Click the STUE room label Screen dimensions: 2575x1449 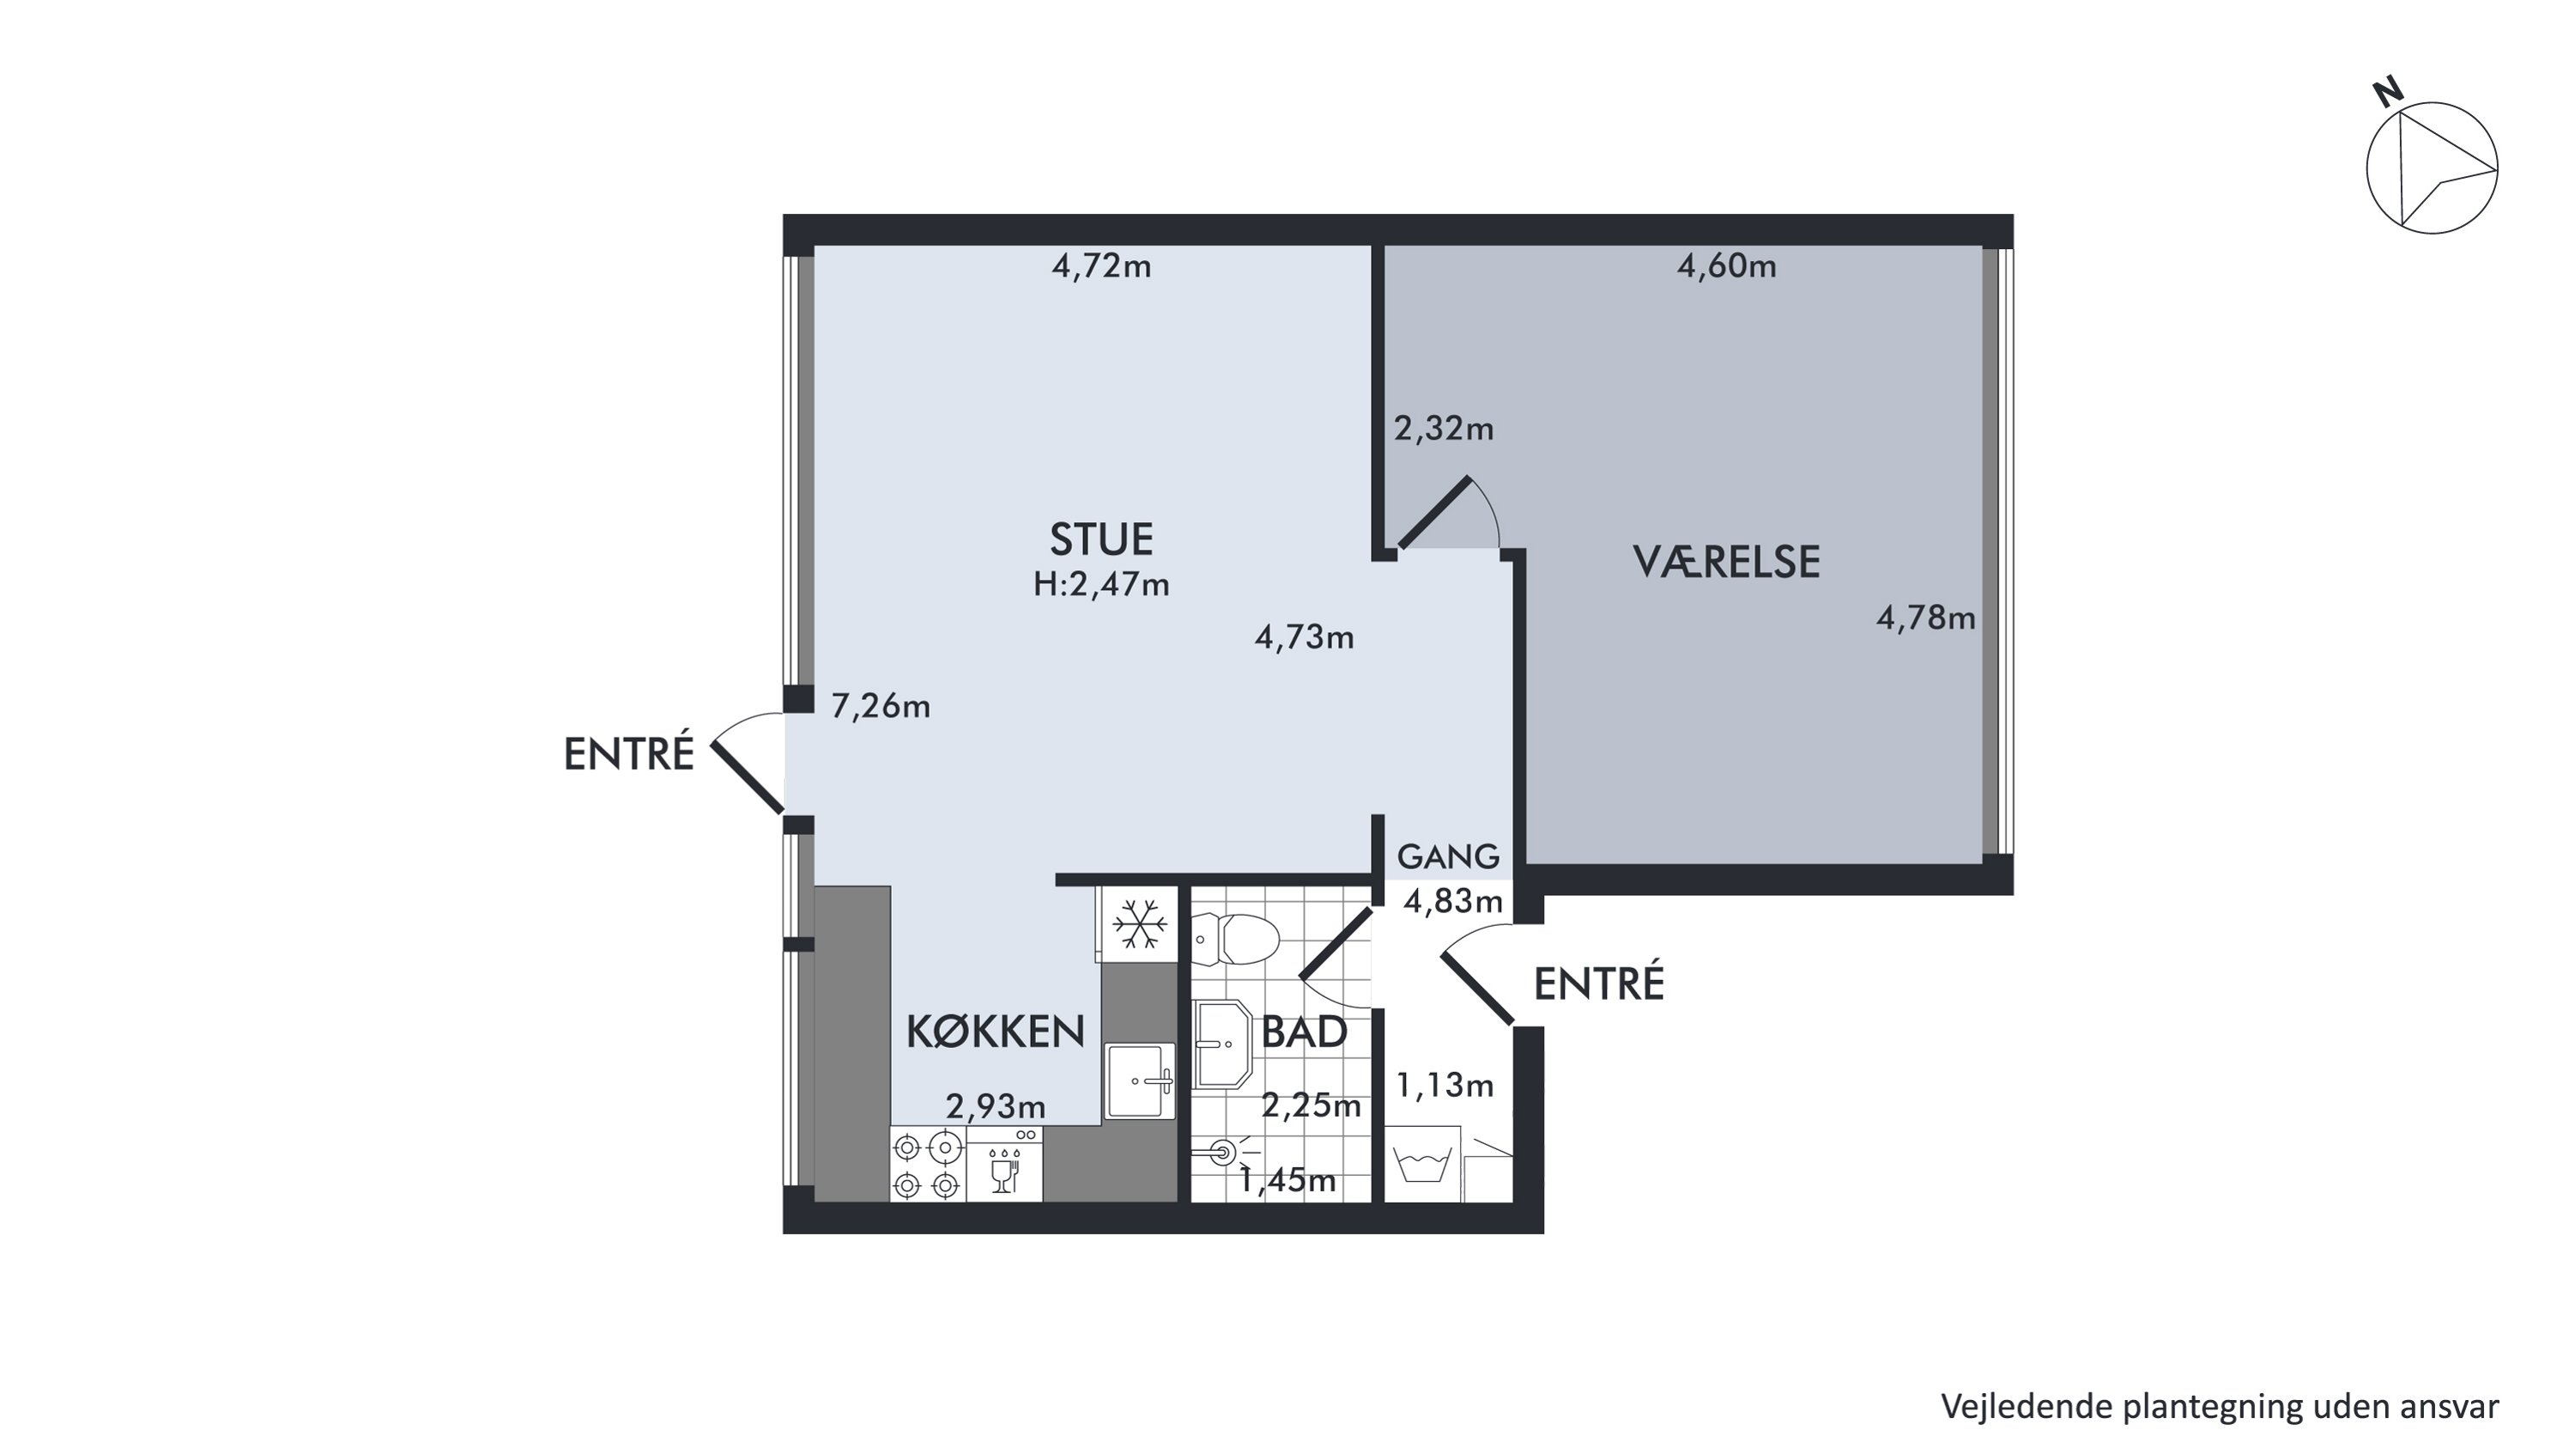(x=1100, y=539)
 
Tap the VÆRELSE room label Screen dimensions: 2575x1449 (x=1726, y=562)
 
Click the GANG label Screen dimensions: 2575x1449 (x=1449, y=856)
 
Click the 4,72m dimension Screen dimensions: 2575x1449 (x=1101, y=267)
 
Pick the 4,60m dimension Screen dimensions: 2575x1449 (x=1726, y=266)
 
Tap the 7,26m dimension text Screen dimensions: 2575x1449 (x=881, y=707)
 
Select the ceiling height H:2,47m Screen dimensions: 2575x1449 (x=1101, y=584)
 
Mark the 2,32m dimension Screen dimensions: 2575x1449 (x=1444, y=429)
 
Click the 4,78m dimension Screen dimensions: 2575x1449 (x=1926, y=619)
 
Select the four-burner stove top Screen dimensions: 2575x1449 (x=928, y=1165)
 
